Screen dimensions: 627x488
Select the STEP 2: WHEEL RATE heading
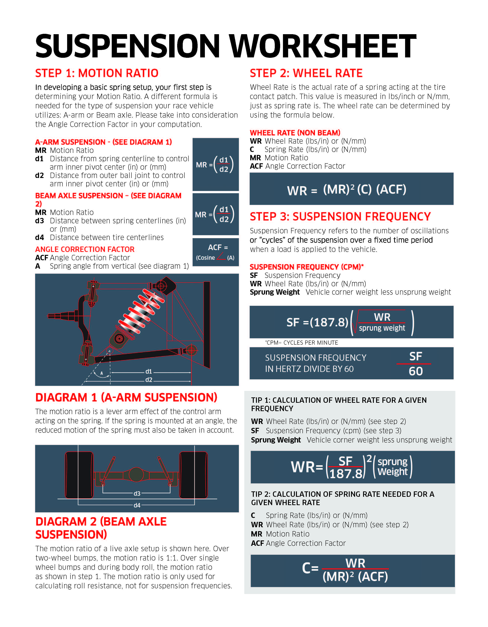pos(306,73)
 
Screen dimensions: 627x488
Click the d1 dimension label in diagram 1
pos(149,372)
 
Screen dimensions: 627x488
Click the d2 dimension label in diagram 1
pos(149,380)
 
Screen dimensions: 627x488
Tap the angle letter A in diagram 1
pos(101,373)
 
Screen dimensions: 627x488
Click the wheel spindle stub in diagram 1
pos(56,316)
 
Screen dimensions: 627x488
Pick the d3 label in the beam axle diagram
pos(137,493)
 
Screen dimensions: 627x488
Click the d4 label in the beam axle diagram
pos(137,505)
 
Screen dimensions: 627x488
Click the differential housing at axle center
pos(136,474)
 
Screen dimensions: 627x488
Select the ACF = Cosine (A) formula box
pos(215,252)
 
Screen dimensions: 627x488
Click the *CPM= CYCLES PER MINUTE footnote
pos(301,343)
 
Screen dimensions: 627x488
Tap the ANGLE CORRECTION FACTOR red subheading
pos(85,249)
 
